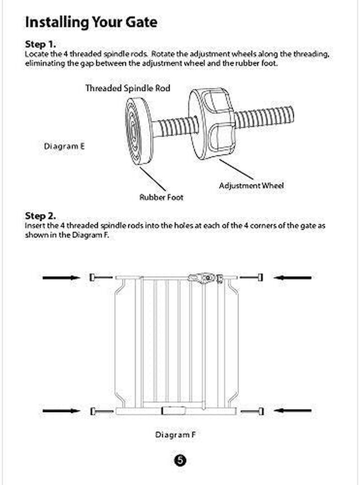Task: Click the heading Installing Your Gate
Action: pyautogui.click(x=91, y=22)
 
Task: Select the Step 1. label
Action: pyautogui.click(x=40, y=45)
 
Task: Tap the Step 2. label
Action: pyautogui.click(x=40, y=216)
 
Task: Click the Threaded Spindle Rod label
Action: pyautogui.click(x=128, y=88)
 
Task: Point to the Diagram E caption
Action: pyautogui.click(x=64, y=146)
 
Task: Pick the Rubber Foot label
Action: pyautogui.click(x=161, y=197)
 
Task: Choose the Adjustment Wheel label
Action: pyautogui.click(x=251, y=185)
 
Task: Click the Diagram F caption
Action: pyautogui.click(x=175, y=435)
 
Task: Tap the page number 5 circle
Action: pyautogui.click(x=179, y=460)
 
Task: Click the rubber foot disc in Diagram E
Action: pyautogui.click(x=138, y=130)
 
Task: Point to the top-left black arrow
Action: pyautogui.click(x=61, y=278)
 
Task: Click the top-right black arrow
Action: pyautogui.click(x=293, y=278)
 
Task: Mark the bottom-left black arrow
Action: pyautogui.click(x=61, y=410)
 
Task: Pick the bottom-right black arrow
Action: pyautogui.click(x=293, y=410)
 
